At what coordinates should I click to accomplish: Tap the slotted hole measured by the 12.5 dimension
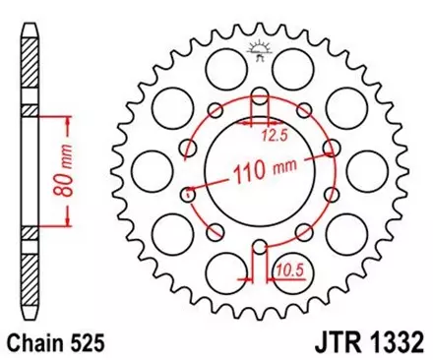pos(260,102)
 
